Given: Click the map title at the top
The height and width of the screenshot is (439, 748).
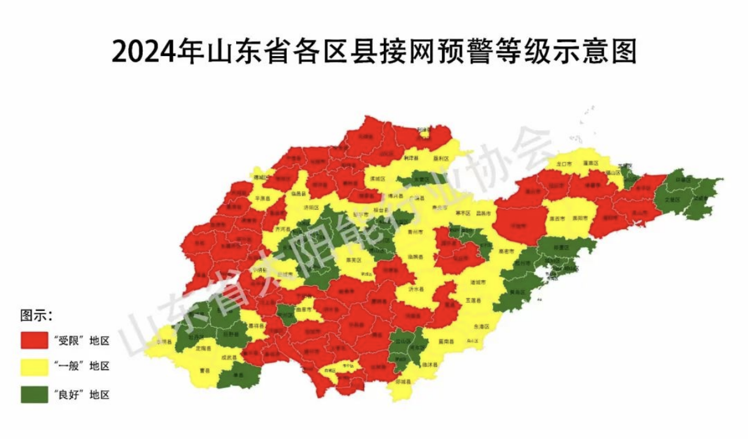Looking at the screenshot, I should pyautogui.click(x=374, y=51).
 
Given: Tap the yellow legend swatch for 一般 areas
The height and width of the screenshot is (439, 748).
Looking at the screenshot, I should pyautogui.click(x=34, y=366).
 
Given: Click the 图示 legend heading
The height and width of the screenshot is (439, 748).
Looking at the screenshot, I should pyautogui.click(x=36, y=316).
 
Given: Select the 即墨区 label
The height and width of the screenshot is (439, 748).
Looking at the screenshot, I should pyautogui.click(x=559, y=248).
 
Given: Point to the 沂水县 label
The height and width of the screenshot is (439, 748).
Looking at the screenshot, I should pyautogui.click(x=415, y=289).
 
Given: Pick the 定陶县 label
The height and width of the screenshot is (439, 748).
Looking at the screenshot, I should pyautogui.click(x=203, y=349).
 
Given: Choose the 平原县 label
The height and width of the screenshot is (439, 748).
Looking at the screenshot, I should pyautogui.click(x=262, y=198).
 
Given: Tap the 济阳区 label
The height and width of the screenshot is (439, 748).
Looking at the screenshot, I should pyautogui.click(x=311, y=207).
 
